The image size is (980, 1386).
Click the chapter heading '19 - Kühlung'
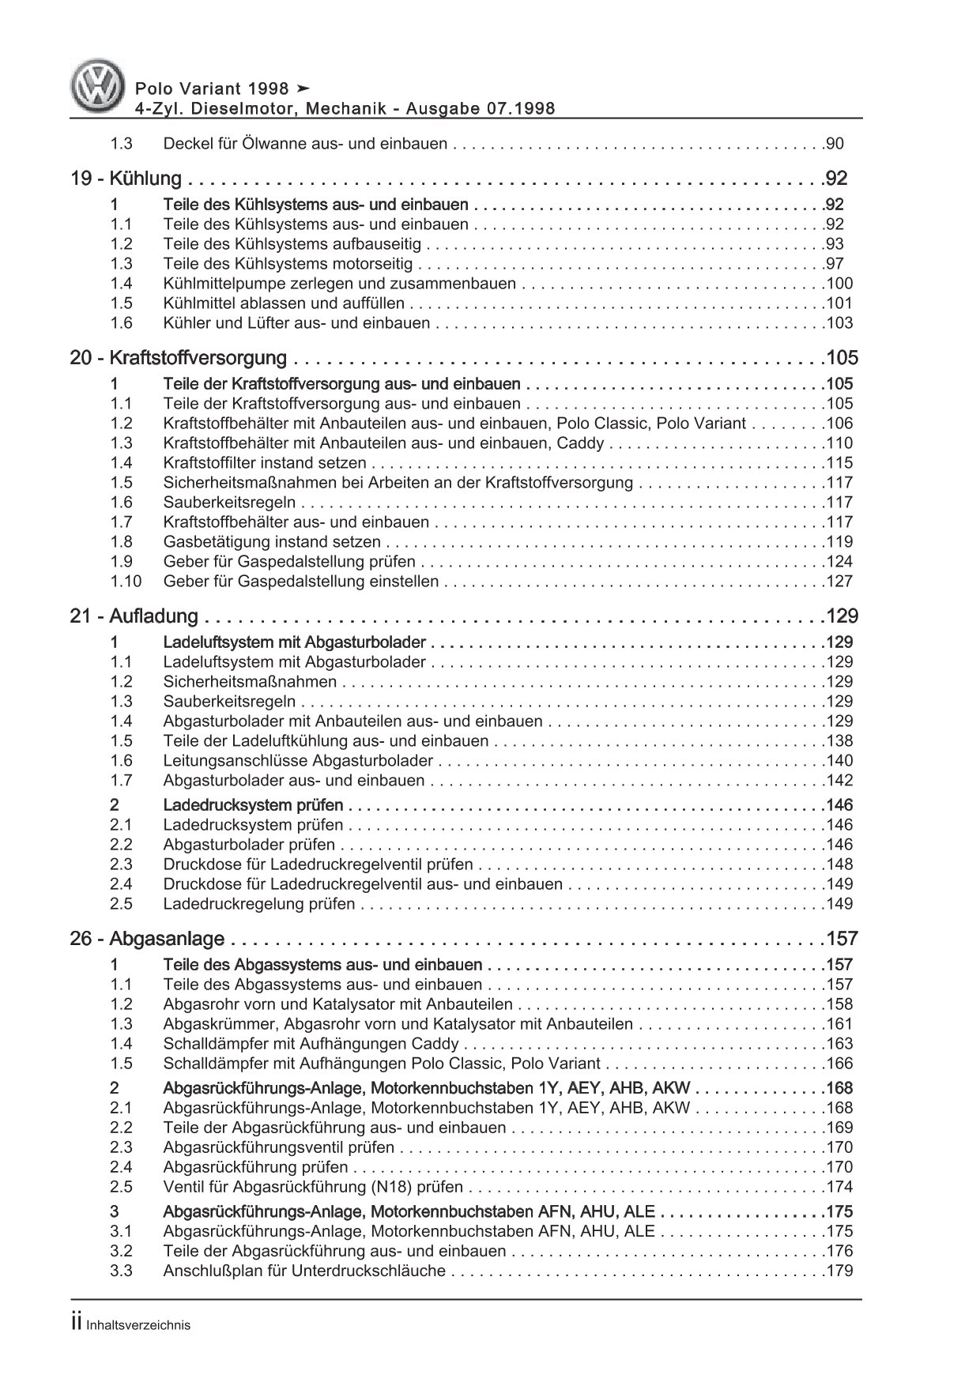[x=126, y=179]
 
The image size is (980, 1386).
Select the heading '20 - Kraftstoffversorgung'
[x=179, y=358]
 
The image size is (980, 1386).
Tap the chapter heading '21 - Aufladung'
[x=134, y=616]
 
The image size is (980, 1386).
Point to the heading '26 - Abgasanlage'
[x=148, y=940]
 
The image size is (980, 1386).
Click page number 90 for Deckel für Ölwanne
[x=835, y=144]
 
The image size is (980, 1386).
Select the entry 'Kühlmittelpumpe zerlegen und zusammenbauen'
[x=339, y=284]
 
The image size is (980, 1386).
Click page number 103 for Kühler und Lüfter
[x=838, y=323]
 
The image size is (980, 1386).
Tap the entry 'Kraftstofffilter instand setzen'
[x=265, y=463]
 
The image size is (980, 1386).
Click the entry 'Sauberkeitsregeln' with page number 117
[x=229, y=503]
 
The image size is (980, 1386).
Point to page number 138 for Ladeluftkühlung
[x=838, y=741]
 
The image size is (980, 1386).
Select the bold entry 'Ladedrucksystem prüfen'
[x=253, y=805]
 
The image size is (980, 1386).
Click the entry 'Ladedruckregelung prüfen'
[x=259, y=904]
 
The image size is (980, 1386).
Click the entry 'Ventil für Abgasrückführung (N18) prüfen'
[x=313, y=1187]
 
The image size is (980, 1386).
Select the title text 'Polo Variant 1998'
[x=200, y=89]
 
